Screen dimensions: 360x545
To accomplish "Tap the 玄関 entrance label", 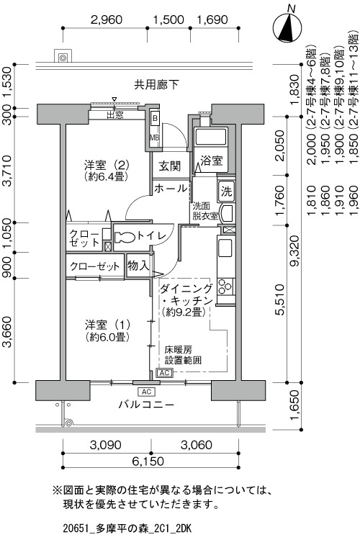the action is tap(170, 166).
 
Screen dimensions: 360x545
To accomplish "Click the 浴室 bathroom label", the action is tap(211, 161).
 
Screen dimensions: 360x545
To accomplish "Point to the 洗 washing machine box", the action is tap(227, 192).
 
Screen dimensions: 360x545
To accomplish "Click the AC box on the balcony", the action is tap(147, 392).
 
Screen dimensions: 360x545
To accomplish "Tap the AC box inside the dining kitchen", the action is tap(165, 373).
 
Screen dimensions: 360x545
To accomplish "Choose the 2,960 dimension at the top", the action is tap(106, 19).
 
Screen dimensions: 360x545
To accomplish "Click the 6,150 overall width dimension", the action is tap(148, 461).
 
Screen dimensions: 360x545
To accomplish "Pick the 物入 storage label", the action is tap(138, 266).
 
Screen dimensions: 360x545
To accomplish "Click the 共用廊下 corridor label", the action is tap(157, 84).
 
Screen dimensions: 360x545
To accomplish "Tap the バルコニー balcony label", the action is tap(146, 405).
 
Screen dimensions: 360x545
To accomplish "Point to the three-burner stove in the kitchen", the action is tap(225, 287).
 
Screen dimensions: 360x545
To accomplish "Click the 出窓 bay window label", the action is tap(114, 114).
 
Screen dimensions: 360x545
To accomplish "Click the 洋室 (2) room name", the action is tap(107, 163).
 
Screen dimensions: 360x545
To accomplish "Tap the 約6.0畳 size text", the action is tap(107, 336).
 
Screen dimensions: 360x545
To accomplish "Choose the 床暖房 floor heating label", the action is tap(179, 349).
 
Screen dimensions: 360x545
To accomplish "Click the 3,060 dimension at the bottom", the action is tap(196, 445).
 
